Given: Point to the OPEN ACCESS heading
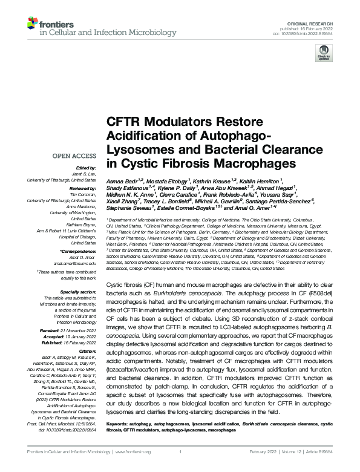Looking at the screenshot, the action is (x=75, y=156).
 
